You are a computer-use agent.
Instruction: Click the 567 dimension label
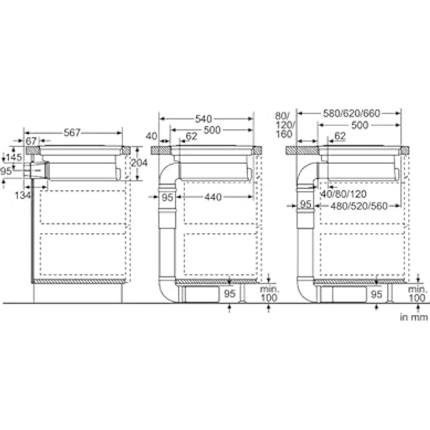72,133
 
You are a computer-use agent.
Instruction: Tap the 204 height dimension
139,162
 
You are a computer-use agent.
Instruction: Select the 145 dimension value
13,157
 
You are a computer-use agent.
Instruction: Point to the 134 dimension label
22,196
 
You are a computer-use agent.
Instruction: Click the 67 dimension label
31,141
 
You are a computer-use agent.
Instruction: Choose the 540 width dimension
203,119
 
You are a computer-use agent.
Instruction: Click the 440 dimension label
213,197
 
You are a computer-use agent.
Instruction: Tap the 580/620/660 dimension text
352,113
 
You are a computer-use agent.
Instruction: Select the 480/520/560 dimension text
359,206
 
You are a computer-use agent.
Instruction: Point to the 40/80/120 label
344,194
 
